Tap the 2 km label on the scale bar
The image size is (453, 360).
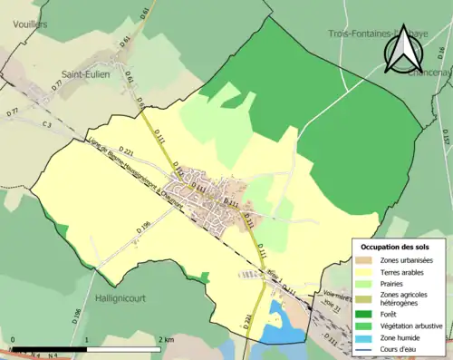(x=166, y=340)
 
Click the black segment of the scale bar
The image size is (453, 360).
(x=50, y=346)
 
